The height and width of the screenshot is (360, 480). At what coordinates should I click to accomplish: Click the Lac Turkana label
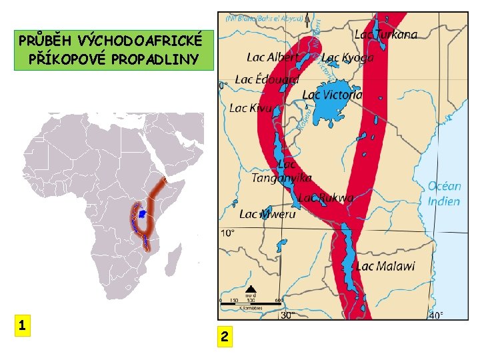pyautogui.click(x=386, y=34)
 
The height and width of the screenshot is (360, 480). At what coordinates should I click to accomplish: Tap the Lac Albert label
pyautogui.click(x=272, y=57)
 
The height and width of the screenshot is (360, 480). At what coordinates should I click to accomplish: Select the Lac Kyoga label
pyautogui.click(x=347, y=58)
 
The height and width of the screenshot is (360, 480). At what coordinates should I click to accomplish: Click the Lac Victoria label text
pyautogui.click(x=333, y=95)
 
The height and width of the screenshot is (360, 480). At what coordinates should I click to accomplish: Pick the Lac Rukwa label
pyautogui.click(x=325, y=197)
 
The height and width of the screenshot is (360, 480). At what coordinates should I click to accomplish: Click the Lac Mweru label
pyautogui.click(x=267, y=214)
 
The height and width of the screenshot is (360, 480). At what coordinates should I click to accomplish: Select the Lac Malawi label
pyautogui.click(x=385, y=266)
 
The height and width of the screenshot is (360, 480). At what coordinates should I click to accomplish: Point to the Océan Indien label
pyautogui.click(x=443, y=193)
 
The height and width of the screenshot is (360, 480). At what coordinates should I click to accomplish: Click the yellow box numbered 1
pyautogui.click(x=23, y=325)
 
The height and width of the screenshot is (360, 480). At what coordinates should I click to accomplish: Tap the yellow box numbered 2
pyautogui.click(x=225, y=338)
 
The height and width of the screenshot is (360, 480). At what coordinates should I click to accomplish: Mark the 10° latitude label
pyautogui.click(x=228, y=233)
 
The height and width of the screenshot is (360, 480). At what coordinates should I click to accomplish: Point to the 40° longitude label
pyautogui.click(x=435, y=315)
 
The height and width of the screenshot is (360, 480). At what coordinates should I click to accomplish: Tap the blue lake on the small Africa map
pyautogui.click(x=142, y=214)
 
